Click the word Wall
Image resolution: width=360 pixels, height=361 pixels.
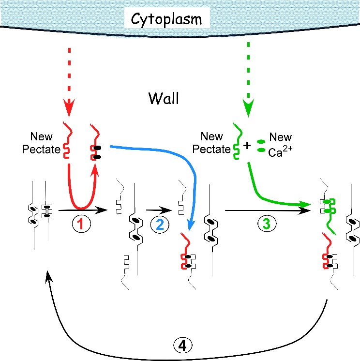click(x=164, y=100)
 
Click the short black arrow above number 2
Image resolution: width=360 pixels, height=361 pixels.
click(x=159, y=210)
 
